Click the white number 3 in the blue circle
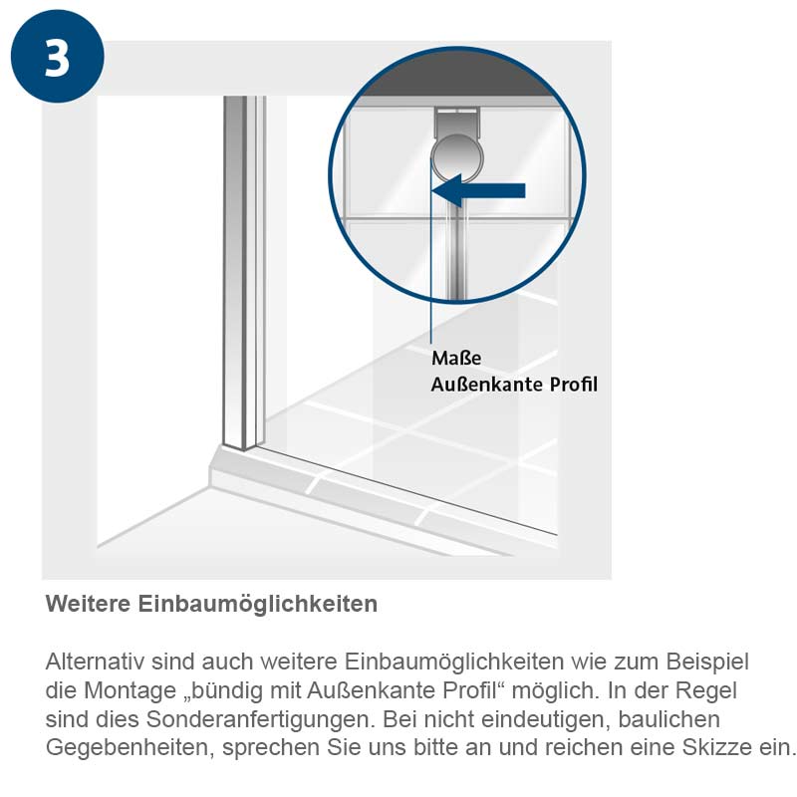57,57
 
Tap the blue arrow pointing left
478,190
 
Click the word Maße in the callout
456,358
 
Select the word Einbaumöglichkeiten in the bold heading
258,605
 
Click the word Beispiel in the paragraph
707,663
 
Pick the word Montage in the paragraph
130,690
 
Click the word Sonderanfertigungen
261,719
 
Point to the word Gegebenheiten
131,748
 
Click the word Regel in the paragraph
706,690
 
